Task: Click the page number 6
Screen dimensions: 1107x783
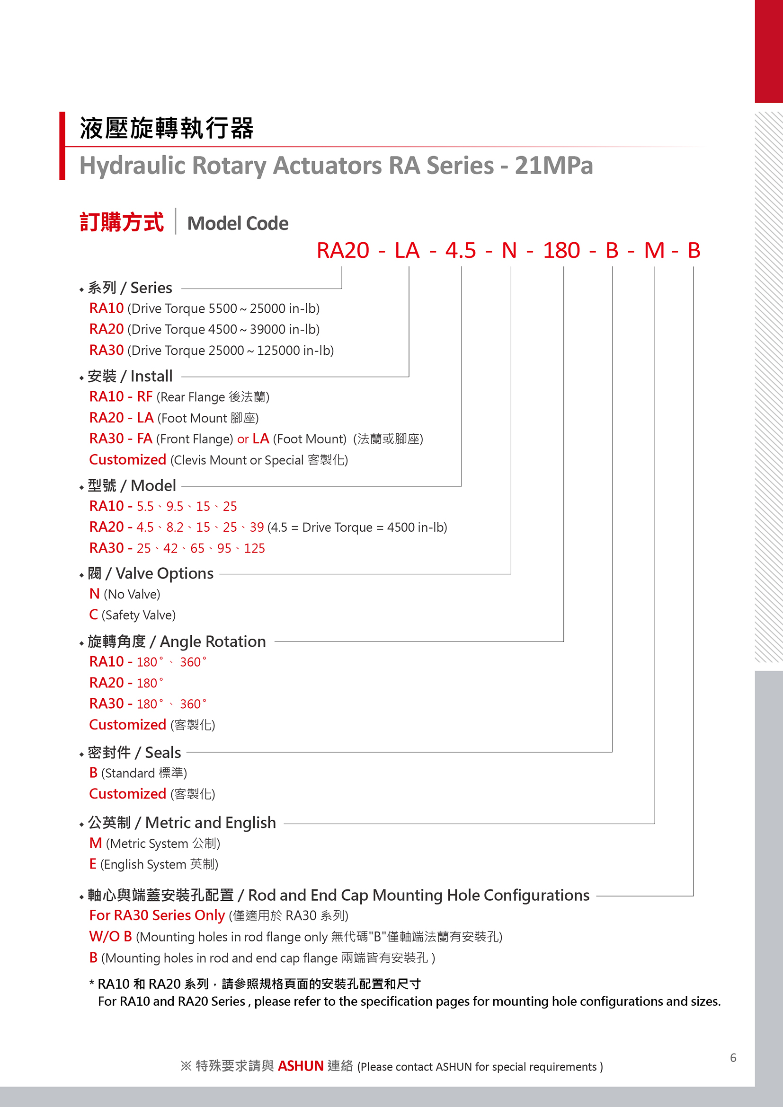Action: pos(733,1057)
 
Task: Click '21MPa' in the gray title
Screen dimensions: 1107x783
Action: pos(553,166)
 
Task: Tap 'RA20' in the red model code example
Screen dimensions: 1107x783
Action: pos(343,251)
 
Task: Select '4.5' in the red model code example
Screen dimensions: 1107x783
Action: pos(460,251)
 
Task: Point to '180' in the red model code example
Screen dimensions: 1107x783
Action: pos(561,251)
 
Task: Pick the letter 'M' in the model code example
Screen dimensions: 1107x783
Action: pos(654,251)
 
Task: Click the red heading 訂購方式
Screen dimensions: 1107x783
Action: pos(122,222)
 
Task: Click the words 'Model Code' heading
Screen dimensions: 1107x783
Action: pos(237,223)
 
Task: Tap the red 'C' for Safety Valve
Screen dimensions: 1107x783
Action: pos(94,615)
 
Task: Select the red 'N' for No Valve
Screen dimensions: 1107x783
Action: pos(95,594)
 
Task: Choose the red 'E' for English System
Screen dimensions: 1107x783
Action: pos(93,864)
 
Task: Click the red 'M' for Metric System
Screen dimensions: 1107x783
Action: pos(96,843)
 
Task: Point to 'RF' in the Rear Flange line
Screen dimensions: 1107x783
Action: pos(145,396)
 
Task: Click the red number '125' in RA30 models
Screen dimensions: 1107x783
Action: pos(254,548)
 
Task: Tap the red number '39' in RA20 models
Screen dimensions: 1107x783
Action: pos(257,527)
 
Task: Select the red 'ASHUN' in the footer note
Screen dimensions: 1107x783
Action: pos(300,1065)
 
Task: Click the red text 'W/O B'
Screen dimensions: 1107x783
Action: pos(110,936)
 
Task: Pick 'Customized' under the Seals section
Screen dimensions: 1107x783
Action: pos(127,794)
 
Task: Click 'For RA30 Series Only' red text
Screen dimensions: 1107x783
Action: pos(157,915)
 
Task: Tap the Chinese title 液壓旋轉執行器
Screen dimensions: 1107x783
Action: pos(167,128)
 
